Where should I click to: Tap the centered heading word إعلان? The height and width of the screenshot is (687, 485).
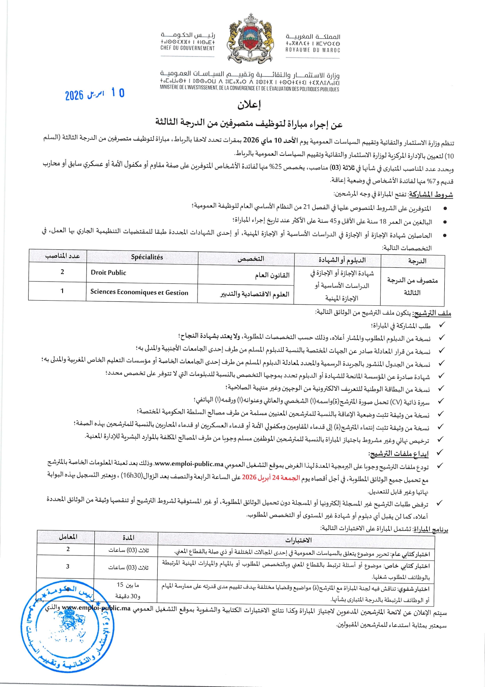[x=249, y=105]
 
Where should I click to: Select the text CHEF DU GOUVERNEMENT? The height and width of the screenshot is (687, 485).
[x=187, y=49]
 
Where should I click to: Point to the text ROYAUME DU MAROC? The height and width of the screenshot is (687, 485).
[x=313, y=50]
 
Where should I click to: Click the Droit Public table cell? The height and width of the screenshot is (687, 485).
[x=109, y=273]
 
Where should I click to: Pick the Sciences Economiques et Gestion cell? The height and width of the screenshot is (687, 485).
[x=139, y=292]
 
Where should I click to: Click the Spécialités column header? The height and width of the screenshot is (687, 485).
[x=147, y=257]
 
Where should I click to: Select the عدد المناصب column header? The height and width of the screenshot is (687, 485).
[x=63, y=256]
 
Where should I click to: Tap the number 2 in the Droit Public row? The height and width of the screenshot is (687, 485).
[x=62, y=272]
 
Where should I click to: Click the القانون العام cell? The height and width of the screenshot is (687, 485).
[x=272, y=275]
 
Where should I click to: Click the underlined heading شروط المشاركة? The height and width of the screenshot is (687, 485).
[x=430, y=195]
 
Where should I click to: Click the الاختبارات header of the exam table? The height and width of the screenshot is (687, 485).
[x=298, y=540]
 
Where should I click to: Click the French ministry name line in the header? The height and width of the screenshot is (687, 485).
[x=249, y=89]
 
